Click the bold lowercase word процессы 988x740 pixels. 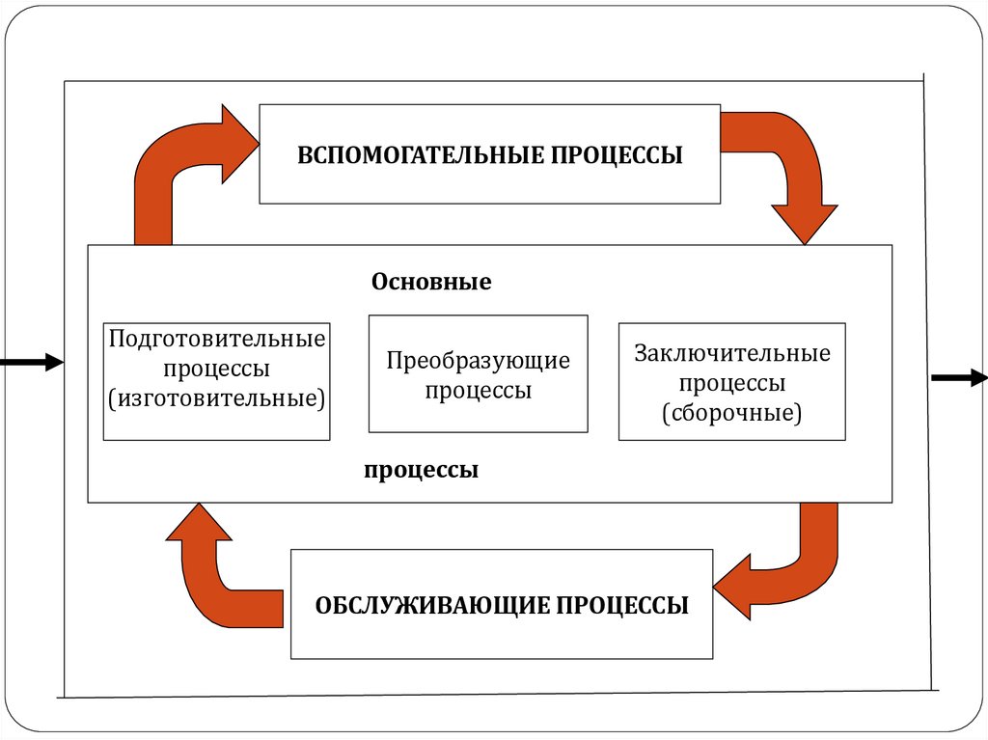point(422,472)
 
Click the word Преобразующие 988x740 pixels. point(479,361)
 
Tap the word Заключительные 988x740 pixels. point(731,353)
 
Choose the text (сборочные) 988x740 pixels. point(731,413)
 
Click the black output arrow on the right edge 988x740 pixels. point(958,377)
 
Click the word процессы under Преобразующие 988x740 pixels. point(479,391)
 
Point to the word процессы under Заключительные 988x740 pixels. point(731,383)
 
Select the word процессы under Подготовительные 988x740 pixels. point(217,369)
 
